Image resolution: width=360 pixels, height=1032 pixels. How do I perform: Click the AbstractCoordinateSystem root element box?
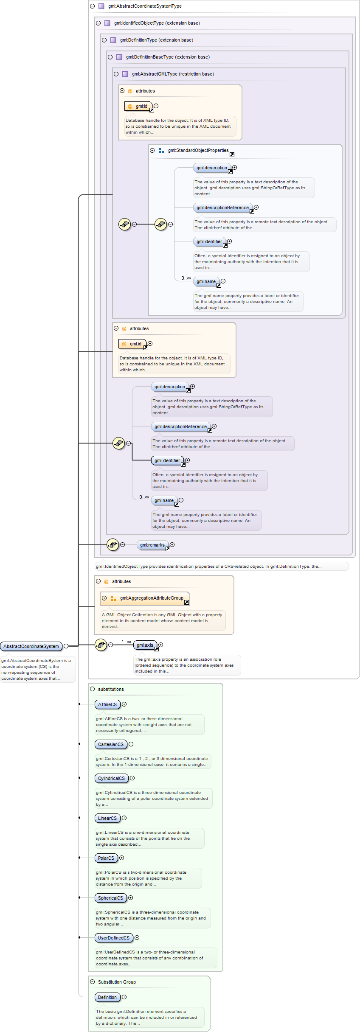[x=31, y=646]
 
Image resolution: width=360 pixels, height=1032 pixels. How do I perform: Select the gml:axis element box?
[x=145, y=645]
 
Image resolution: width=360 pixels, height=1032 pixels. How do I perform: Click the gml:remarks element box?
[x=152, y=545]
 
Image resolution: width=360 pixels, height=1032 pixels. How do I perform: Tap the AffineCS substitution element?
[x=107, y=704]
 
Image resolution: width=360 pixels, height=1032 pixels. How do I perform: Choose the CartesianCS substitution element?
[x=110, y=744]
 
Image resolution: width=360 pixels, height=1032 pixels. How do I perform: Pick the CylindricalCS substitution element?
[x=111, y=778]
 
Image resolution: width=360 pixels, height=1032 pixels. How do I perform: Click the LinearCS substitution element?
[x=107, y=818]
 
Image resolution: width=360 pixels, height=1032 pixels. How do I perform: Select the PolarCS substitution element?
[x=106, y=858]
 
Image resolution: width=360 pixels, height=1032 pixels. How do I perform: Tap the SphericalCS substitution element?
[x=110, y=898]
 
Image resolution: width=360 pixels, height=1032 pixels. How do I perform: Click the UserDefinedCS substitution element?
[x=113, y=938]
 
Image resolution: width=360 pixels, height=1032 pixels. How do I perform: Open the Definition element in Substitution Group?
[x=107, y=997]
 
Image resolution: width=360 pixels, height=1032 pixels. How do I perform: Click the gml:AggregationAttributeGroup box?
[x=152, y=598]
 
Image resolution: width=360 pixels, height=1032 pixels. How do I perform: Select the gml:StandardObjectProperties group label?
[x=198, y=150]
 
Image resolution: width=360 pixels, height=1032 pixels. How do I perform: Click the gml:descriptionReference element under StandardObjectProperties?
[x=222, y=208]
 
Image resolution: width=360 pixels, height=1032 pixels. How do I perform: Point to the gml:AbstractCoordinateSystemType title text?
[x=145, y=6]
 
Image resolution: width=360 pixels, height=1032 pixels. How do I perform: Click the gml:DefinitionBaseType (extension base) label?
[x=168, y=57]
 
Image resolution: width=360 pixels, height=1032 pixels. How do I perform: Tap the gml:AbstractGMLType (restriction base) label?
[x=173, y=74]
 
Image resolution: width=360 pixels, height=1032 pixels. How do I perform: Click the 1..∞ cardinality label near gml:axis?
[x=126, y=642]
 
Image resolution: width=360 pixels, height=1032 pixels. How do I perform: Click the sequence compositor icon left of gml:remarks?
[x=112, y=544]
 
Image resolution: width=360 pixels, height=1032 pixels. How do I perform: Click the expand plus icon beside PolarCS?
[x=121, y=858]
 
